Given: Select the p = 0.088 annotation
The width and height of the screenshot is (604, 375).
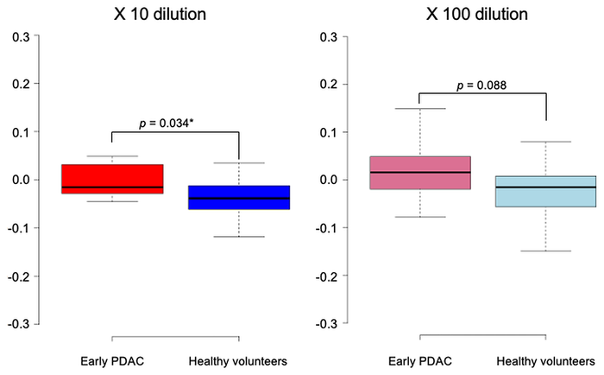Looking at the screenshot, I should [481, 85].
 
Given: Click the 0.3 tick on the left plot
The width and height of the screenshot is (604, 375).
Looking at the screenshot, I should [20, 36].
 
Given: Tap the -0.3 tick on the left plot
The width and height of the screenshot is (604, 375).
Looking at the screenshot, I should [18, 324].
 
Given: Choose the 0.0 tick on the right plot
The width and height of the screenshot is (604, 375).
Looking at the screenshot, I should [328, 180].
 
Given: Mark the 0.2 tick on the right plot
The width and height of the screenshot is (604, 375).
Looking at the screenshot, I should [328, 84].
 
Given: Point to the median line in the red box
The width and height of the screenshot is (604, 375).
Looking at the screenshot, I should [111, 187].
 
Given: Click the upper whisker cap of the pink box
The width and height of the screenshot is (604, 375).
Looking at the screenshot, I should [420, 109].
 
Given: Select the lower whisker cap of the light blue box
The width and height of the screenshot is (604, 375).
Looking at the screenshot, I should [546, 251].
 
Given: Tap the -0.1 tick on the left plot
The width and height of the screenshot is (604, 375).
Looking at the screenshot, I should [18, 228].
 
